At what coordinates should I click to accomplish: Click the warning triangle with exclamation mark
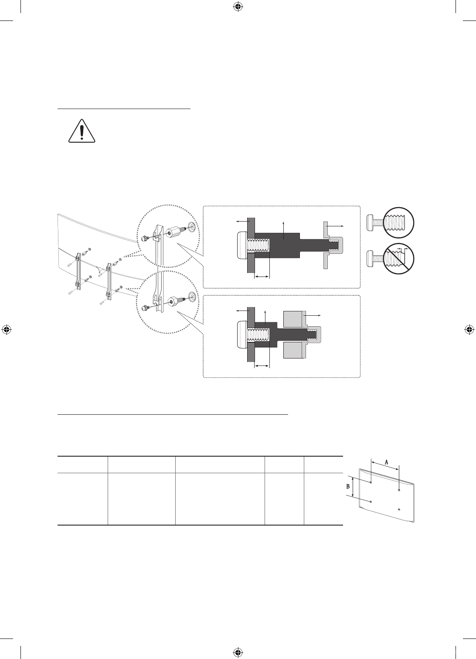click(82, 131)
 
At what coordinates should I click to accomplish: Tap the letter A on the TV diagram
click(386, 462)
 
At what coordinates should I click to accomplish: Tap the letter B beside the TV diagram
click(348, 486)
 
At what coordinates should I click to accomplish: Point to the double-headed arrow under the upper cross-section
click(262, 276)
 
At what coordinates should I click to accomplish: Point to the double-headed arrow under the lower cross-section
click(262, 365)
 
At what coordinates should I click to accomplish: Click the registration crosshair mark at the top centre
click(238, 7)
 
